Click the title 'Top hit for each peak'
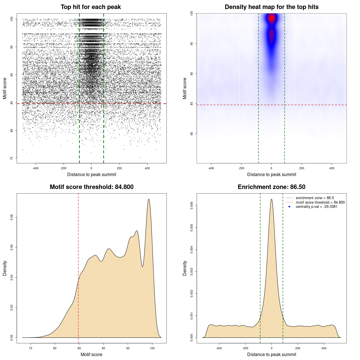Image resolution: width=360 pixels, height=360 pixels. [91, 7]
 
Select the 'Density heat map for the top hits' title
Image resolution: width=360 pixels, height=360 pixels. [271, 7]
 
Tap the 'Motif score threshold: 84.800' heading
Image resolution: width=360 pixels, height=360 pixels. [91, 187]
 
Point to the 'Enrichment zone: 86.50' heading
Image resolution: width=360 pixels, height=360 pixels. [271, 187]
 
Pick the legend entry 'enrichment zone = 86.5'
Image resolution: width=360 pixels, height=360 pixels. [315, 198]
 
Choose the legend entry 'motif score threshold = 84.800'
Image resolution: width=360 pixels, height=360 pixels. [320, 202]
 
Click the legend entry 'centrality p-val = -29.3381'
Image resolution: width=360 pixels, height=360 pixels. [316, 207]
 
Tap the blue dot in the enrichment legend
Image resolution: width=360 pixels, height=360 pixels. [289, 207]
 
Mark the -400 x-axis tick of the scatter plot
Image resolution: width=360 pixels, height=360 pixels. [35, 168]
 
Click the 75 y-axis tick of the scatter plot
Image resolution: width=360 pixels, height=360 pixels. [12, 158]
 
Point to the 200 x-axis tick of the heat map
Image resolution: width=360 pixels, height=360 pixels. [302, 168]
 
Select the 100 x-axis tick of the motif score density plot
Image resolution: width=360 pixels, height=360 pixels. [152, 348]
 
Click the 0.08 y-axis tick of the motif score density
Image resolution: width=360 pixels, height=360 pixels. [12, 217]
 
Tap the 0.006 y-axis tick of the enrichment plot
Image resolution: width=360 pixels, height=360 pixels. [192, 206]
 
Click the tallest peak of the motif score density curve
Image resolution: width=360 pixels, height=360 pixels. [149, 199]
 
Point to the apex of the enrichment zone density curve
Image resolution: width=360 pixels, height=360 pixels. [271, 199]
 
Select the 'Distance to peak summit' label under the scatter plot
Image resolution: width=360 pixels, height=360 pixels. [92, 175]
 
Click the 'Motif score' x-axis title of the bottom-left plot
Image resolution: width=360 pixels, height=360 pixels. [91, 355]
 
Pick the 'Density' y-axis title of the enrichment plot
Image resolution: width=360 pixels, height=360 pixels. [185, 268]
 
